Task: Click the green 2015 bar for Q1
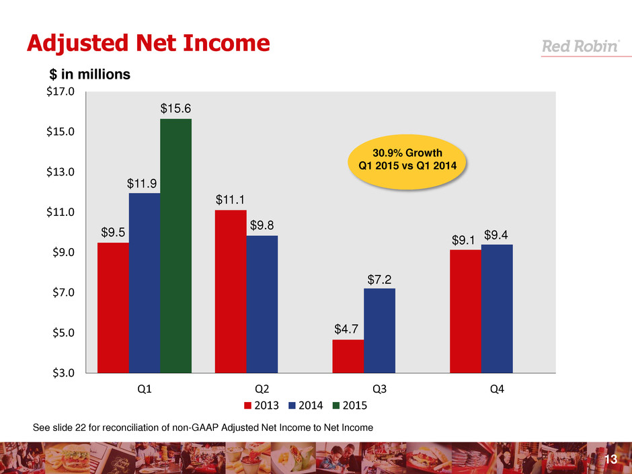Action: tap(175, 245)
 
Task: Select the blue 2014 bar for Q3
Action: tap(379, 330)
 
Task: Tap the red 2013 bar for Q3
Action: tap(348, 356)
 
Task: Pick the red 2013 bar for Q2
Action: tap(230, 291)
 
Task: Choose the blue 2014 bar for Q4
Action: tap(497, 308)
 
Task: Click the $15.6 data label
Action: tap(175, 108)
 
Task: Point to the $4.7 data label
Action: tap(348, 329)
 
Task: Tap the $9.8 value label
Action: tap(262, 225)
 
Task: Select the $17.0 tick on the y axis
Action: tap(60, 91)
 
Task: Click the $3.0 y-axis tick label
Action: tap(60, 372)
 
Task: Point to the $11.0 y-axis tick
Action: tap(60, 212)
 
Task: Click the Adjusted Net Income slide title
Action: tap(148, 44)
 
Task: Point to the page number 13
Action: tap(611, 459)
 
